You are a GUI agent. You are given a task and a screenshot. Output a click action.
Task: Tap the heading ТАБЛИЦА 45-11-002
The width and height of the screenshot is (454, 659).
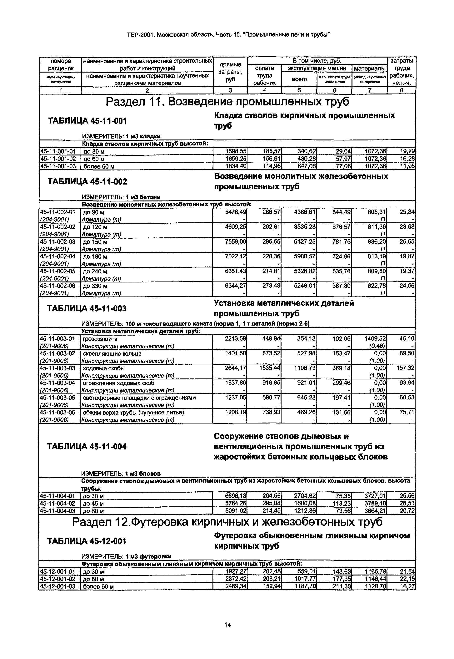click(87, 182)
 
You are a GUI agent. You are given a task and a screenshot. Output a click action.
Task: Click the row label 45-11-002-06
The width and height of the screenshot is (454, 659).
click(58, 286)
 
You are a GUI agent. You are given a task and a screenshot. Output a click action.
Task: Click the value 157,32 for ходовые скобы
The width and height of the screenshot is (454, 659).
click(405, 368)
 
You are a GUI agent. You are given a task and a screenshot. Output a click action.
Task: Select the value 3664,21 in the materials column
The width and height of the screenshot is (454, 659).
click(375, 511)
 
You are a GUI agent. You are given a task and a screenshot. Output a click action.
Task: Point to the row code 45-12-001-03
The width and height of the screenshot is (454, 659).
click(58, 586)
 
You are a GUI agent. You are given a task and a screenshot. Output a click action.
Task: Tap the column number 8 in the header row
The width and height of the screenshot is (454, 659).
click(401, 90)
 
